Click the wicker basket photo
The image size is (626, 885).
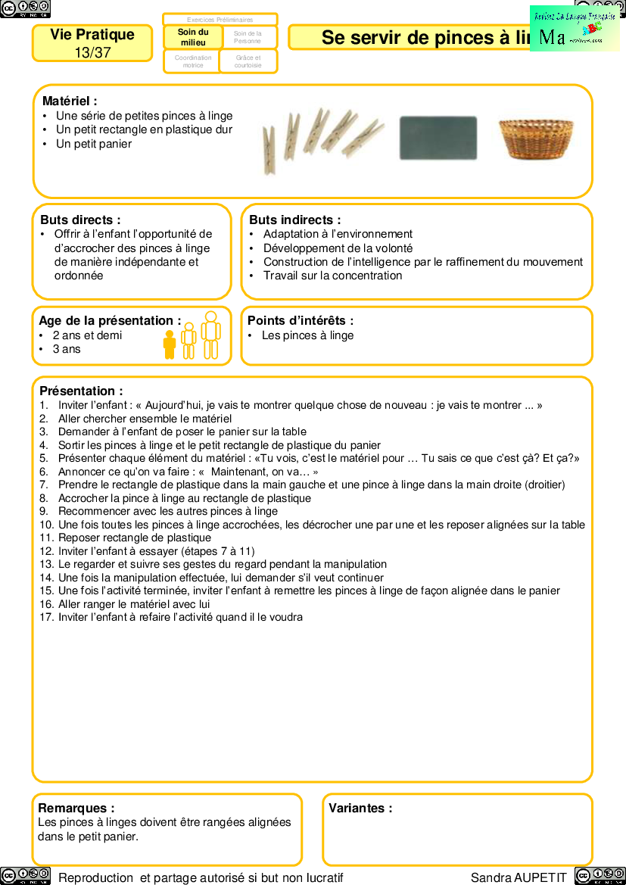click(x=536, y=138)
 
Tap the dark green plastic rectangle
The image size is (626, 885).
click(x=438, y=138)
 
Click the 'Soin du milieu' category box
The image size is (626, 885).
click(x=193, y=37)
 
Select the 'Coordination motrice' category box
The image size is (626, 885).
click(x=193, y=61)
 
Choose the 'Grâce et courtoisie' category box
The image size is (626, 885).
click(x=248, y=61)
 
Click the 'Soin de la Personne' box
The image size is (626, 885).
click(x=248, y=37)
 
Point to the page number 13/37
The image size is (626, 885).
click(x=92, y=52)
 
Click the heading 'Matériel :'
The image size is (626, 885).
click(x=70, y=101)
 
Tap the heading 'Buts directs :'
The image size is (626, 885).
click(x=80, y=220)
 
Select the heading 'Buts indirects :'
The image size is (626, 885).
click(x=294, y=220)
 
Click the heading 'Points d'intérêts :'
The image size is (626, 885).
click(x=301, y=321)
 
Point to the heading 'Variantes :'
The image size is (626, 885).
click(x=360, y=808)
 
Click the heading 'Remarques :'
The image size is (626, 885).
click(x=76, y=808)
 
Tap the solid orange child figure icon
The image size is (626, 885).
click(x=170, y=344)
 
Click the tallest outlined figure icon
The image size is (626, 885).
click(x=211, y=335)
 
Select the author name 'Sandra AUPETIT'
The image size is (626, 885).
click(x=519, y=877)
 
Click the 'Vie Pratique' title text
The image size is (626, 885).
click(x=92, y=35)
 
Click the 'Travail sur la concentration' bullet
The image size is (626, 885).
click(x=332, y=276)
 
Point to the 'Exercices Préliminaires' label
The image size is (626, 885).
click(x=220, y=20)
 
